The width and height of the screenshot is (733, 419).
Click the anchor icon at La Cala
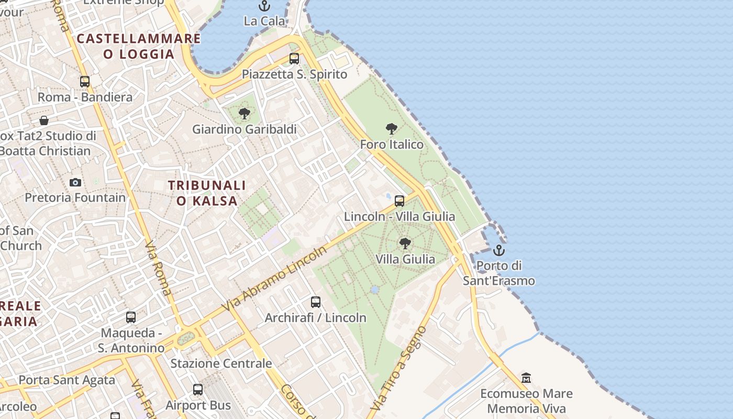click(x=264, y=6)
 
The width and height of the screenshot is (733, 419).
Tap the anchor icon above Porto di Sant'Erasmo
click(x=499, y=250)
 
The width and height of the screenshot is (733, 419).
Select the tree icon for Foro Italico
click(x=391, y=129)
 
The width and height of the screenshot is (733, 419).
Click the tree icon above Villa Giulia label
click(x=405, y=244)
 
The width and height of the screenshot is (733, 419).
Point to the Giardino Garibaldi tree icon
click(x=244, y=114)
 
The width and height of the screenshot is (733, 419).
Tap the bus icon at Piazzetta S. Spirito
click(x=294, y=59)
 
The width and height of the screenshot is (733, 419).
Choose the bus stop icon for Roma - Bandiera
click(x=85, y=82)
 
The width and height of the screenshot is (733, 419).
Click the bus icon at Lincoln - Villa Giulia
click(x=399, y=201)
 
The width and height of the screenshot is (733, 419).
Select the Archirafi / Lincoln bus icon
click(x=316, y=302)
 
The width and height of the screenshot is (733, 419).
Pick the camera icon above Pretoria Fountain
click(x=75, y=182)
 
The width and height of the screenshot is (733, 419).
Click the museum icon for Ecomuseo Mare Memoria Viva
click(x=526, y=378)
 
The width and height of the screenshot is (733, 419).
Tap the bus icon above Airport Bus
click(x=198, y=390)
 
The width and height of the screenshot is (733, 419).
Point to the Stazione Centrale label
click(x=221, y=363)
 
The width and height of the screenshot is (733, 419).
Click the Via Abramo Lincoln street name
click(x=275, y=279)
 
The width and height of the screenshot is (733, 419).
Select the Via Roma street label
click(x=158, y=268)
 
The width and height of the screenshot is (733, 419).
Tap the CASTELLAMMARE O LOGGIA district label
click(x=139, y=46)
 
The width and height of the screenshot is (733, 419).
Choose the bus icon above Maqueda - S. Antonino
click(x=131, y=317)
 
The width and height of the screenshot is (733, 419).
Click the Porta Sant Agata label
click(x=66, y=380)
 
